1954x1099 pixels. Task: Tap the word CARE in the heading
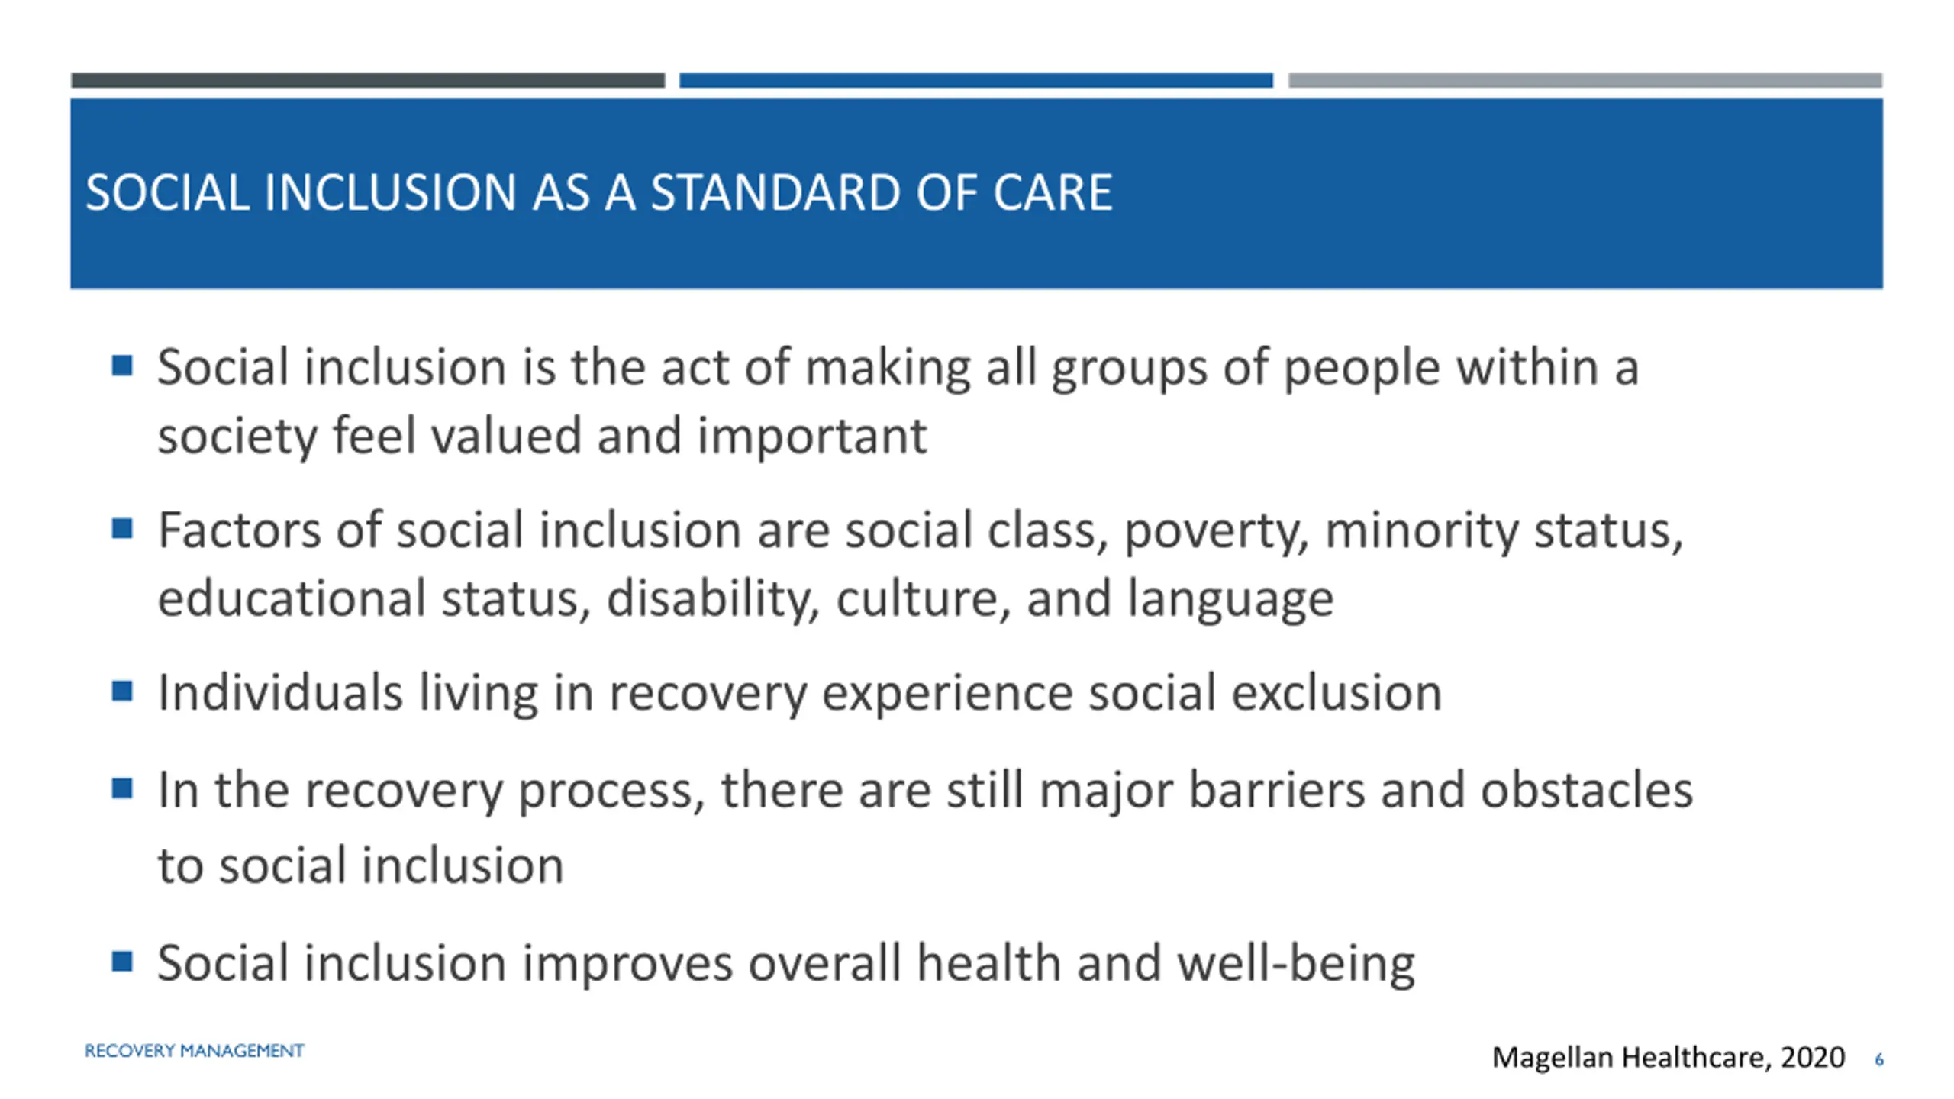pos(1053,192)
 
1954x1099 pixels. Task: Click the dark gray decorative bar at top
pos(368,80)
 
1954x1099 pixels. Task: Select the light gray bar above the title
pos(1585,80)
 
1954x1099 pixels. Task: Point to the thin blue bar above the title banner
pos(976,80)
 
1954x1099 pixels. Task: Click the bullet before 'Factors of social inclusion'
pos(122,528)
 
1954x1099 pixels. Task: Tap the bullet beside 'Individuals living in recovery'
pos(122,691)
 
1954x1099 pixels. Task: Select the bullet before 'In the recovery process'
pos(122,788)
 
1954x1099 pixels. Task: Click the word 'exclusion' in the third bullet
pos(1337,693)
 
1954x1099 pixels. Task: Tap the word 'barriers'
pos(1277,790)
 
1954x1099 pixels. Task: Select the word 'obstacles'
pos(1588,790)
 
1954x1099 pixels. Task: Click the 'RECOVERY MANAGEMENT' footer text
pos(195,1051)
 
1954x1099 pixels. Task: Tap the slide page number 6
pos(1879,1059)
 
